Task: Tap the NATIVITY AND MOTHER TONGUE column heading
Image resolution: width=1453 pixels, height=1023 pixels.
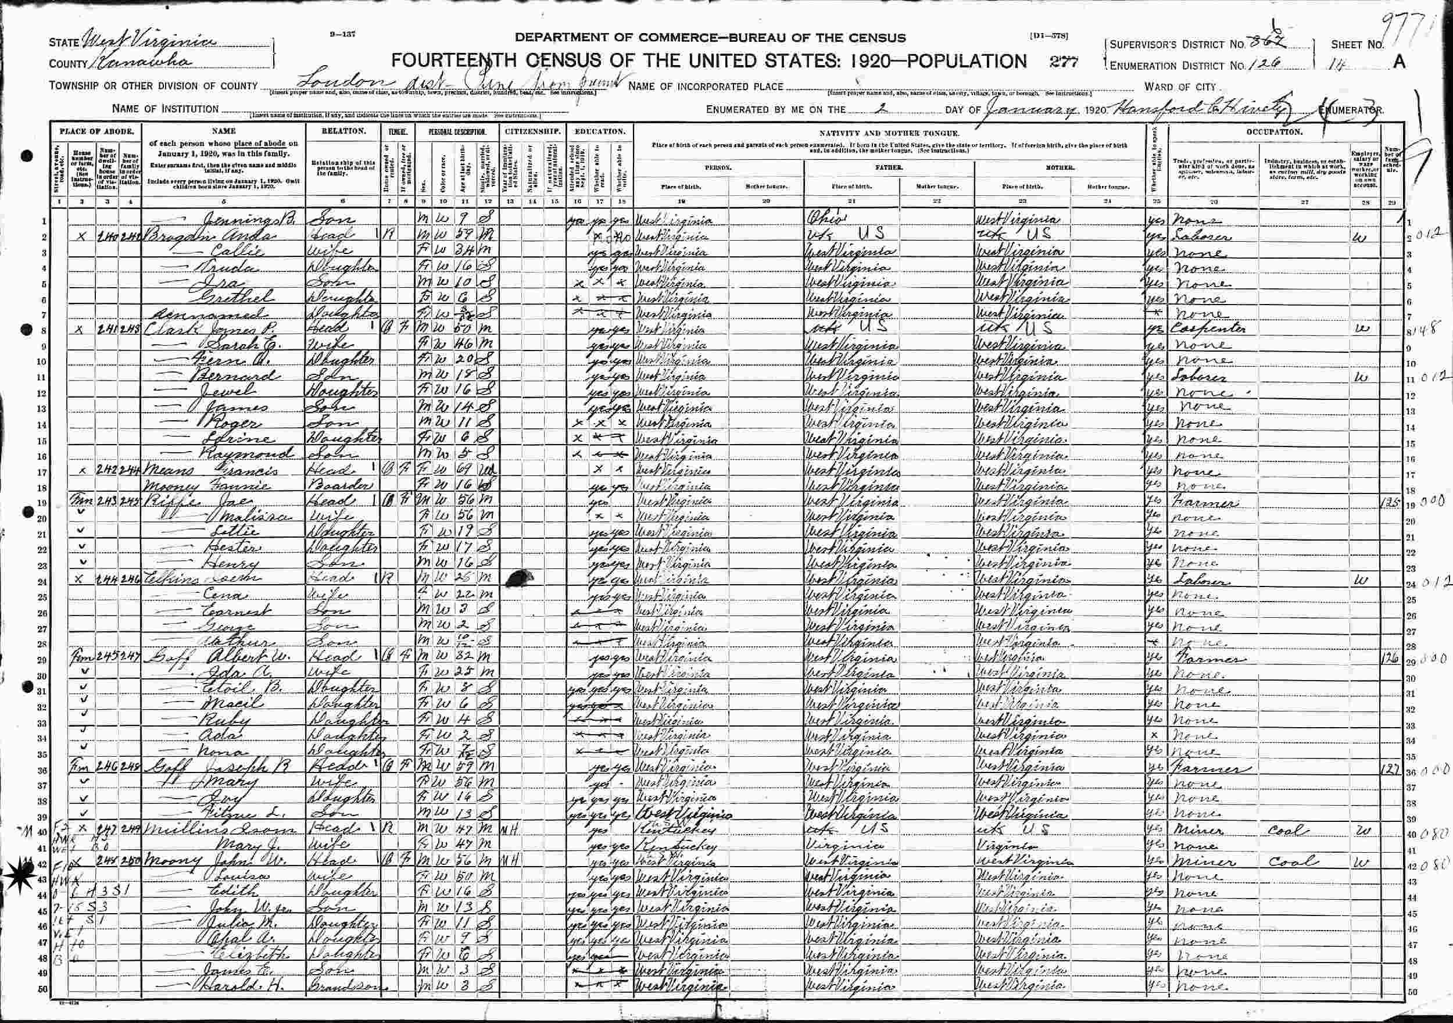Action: tap(889, 133)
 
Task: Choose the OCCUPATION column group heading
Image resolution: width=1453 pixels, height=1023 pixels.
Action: tap(1274, 132)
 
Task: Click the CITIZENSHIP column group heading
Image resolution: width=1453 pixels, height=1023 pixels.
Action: tap(532, 132)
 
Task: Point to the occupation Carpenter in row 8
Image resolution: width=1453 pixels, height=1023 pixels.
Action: tap(1209, 329)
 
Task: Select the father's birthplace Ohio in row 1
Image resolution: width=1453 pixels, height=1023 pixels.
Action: tap(825, 221)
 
